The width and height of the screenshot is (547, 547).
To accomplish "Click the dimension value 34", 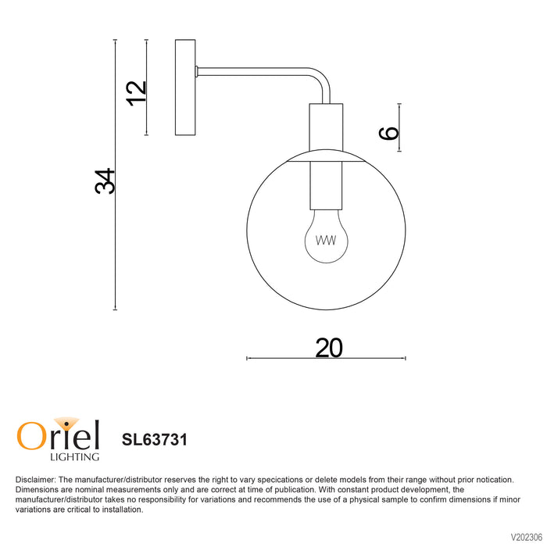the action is tap(105, 181).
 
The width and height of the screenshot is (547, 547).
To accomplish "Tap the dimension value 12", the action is tap(136, 94).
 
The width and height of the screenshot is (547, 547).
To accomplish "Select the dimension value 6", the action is tap(389, 133).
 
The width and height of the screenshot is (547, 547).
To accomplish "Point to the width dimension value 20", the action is tap(329, 348).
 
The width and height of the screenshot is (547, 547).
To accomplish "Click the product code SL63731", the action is tap(155, 439).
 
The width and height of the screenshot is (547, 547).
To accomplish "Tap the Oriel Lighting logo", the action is tap(59, 439).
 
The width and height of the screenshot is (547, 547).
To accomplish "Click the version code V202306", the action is tap(527, 536).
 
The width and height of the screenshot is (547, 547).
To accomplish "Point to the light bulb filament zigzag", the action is tap(326, 241).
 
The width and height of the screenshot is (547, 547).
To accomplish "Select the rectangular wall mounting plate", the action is tap(185, 88).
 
